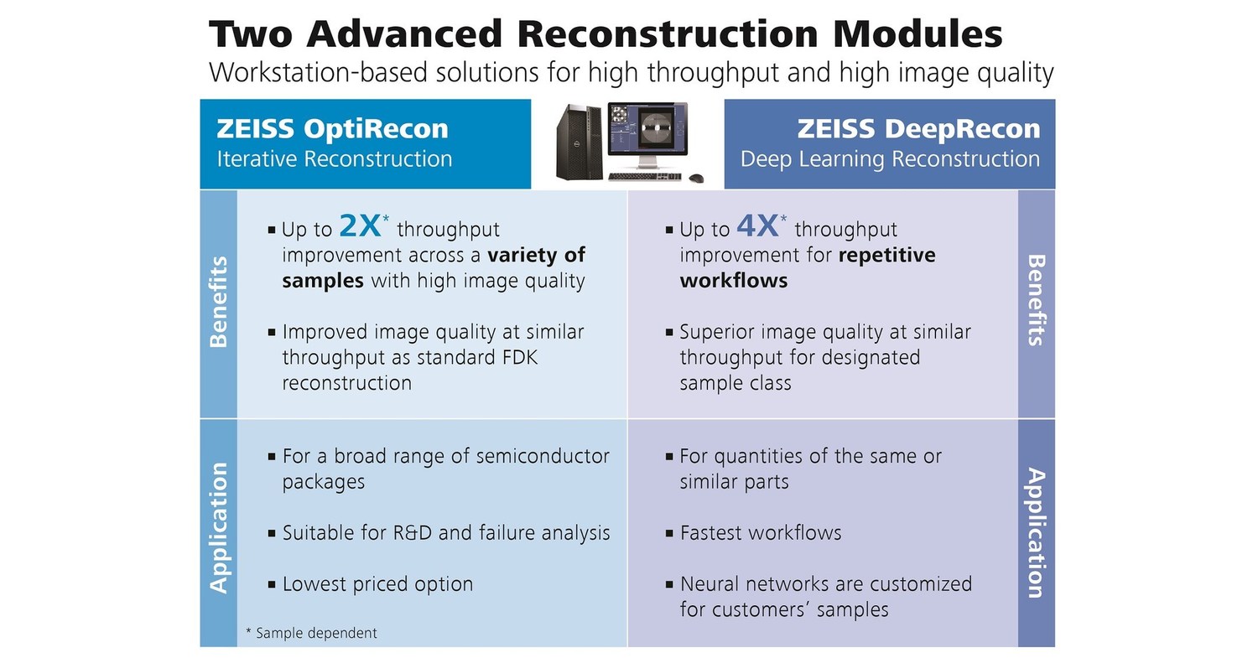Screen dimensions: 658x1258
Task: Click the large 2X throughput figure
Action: point(360,226)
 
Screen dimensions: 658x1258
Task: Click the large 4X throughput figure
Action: point(757,226)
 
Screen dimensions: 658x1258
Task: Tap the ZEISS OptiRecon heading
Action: point(332,129)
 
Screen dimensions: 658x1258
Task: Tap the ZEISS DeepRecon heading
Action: point(918,129)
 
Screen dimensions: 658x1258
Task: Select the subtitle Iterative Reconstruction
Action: point(334,159)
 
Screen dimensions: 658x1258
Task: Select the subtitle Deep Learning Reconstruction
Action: point(889,159)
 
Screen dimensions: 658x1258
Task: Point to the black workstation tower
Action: point(579,143)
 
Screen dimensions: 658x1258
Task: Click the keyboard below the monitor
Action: point(643,177)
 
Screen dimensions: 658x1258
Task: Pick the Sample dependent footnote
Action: point(311,633)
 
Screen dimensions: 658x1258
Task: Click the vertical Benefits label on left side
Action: point(219,302)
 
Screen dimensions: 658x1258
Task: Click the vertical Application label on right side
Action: point(1037,533)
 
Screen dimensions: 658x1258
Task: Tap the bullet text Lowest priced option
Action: point(377,584)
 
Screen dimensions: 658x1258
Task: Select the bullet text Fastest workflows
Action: point(760,533)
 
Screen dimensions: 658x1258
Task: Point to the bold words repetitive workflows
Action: point(886,255)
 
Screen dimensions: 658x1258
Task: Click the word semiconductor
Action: point(542,457)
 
